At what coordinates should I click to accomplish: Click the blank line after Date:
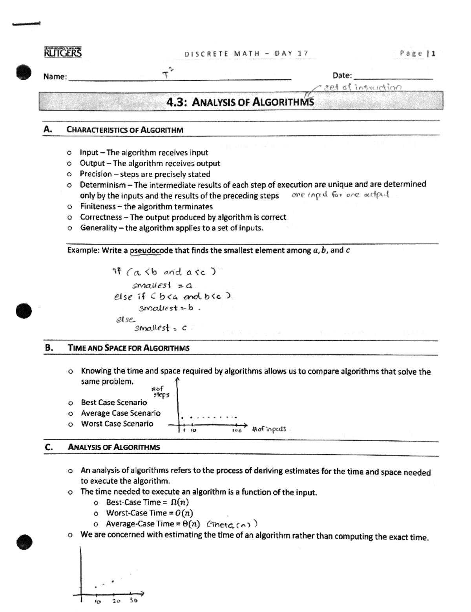[x=393, y=79]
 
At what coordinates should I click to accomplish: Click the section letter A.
[x=48, y=129]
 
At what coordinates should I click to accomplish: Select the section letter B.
[x=49, y=347]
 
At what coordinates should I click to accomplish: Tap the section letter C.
[x=49, y=447]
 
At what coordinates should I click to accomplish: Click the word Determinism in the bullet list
[x=103, y=185]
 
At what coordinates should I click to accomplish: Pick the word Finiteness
[x=98, y=206]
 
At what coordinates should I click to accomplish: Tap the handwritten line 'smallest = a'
[x=162, y=285]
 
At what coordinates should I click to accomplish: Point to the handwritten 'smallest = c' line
[x=161, y=328]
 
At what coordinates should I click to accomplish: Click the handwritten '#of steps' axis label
[x=160, y=392]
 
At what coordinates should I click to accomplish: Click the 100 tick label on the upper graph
[x=236, y=431]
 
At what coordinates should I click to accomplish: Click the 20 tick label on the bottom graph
[x=116, y=601]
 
